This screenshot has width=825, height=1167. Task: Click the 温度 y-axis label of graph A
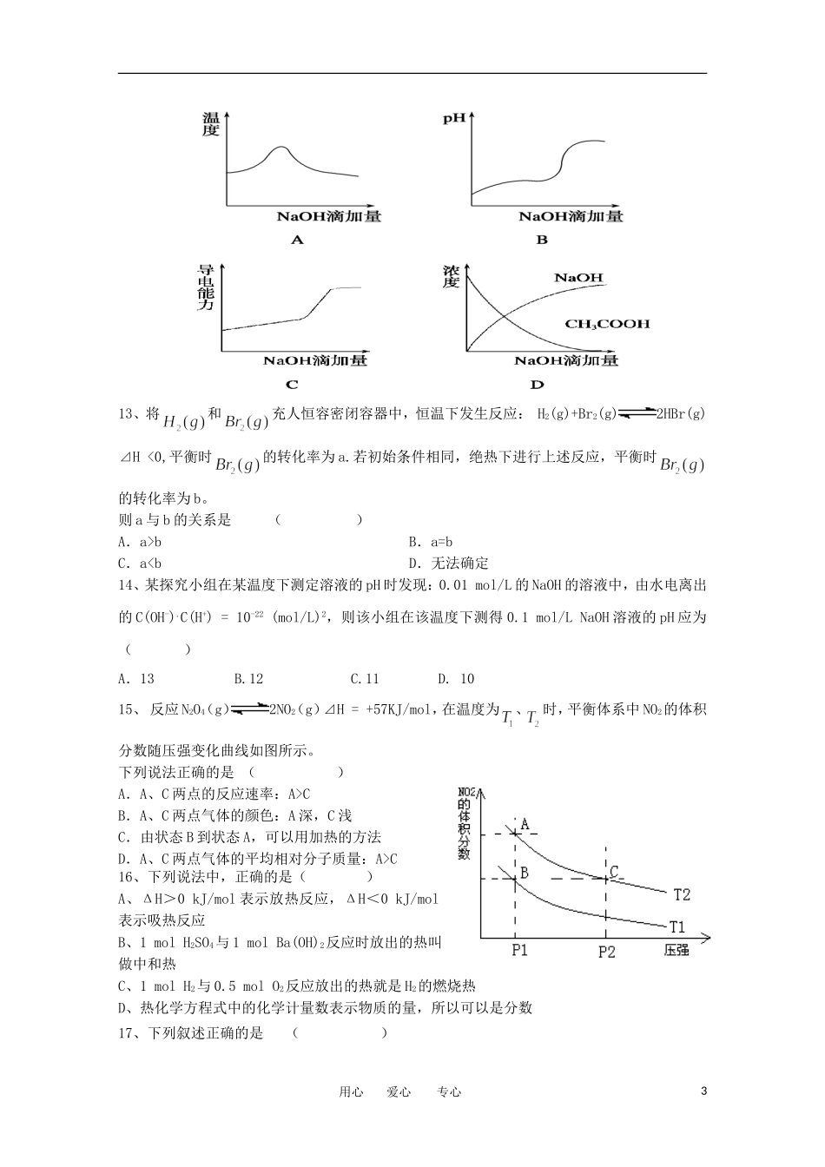click(211, 124)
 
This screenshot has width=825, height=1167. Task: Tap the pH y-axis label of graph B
click(453, 118)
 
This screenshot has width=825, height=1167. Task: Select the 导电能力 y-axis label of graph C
click(206, 288)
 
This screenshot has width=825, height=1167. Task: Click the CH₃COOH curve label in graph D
click(607, 324)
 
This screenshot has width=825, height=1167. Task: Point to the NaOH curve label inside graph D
click(578, 278)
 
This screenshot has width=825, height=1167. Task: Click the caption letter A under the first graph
click(297, 240)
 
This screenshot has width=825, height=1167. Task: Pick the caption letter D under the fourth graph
click(537, 385)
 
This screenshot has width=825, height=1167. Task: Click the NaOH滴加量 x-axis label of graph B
click(571, 216)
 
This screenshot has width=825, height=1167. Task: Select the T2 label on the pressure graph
click(681, 894)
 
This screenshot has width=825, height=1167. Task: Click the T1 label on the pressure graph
click(677, 926)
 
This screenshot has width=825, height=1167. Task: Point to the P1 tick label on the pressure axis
click(519, 951)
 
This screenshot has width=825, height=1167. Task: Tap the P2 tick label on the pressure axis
click(606, 952)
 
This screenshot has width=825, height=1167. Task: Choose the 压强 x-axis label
click(676, 951)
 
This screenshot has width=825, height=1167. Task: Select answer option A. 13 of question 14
click(136, 679)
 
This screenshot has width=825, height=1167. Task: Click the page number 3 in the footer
click(703, 1091)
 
